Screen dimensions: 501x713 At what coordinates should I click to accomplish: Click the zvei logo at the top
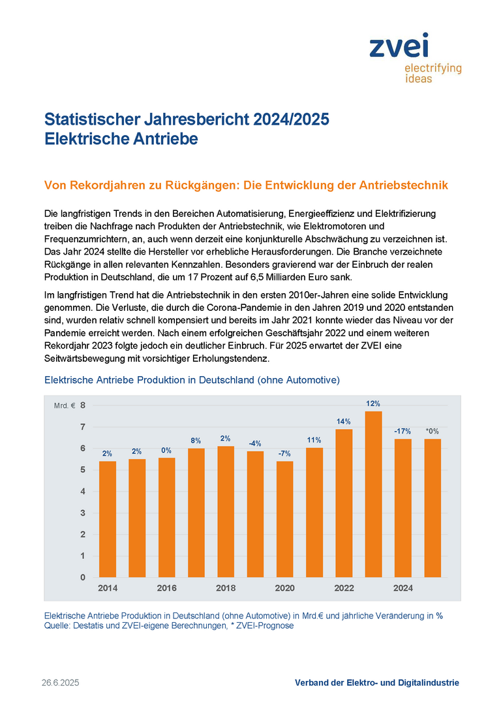pyautogui.click(x=415, y=57)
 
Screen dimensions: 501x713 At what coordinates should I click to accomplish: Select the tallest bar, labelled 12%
pyautogui.click(x=373, y=494)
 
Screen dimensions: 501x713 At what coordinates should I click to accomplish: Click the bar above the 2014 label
pyautogui.click(x=108, y=519)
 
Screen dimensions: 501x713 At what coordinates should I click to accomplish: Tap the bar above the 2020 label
pyautogui.click(x=285, y=519)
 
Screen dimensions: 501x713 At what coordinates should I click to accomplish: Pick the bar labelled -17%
pyautogui.click(x=403, y=509)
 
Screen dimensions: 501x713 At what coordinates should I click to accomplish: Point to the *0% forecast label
pyautogui.click(x=433, y=431)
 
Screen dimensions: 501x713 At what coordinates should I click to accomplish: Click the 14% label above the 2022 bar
pyautogui.click(x=344, y=422)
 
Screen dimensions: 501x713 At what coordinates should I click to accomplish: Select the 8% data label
pyautogui.click(x=196, y=441)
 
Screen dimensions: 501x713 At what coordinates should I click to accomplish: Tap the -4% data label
pyautogui.click(x=255, y=443)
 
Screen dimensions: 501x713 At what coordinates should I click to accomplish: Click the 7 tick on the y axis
pyautogui.click(x=83, y=426)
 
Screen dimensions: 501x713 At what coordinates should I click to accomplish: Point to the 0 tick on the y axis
pyautogui.click(x=83, y=577)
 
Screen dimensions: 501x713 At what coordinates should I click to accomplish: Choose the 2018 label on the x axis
pyautogui.click(x=226, y=588)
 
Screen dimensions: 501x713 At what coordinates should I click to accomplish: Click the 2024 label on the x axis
pyautogui.click(x=403, y=588)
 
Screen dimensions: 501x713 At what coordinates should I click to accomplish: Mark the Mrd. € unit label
pyautogui.click(x=65, y=405)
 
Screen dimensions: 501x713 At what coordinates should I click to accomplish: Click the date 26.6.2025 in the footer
pyautogui.click(x=61, y=682)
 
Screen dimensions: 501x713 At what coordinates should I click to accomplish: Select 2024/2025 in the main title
pyautogui.click(x=291, y=119)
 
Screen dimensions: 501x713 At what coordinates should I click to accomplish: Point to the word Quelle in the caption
pyautogui.click(x=57, y=626)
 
